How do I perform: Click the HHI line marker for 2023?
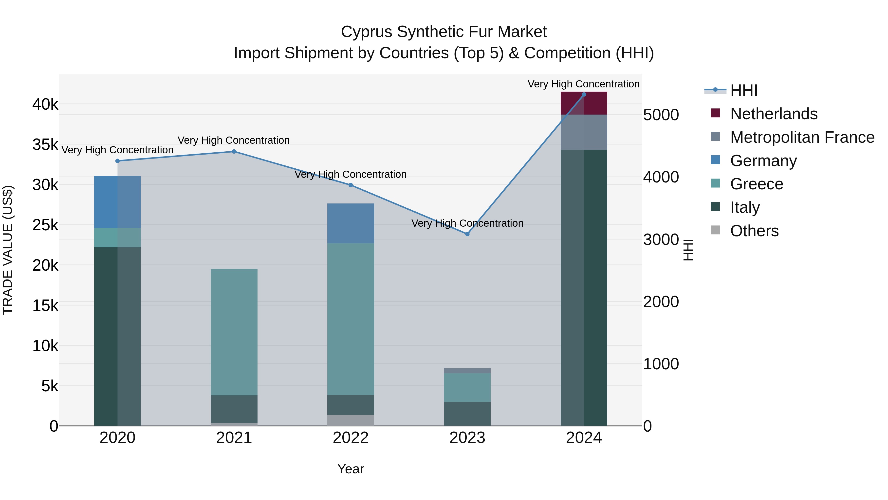[x=467, y=234]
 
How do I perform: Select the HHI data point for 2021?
[x=234, y=152]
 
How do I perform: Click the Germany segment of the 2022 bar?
[x=351, y=223]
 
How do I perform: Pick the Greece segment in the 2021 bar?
[x=234, y=332]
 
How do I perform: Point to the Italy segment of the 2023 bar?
[x=467, y=414]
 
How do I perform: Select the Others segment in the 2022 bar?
[x=351, y=420]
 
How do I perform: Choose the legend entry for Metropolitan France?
[x=802, y=137]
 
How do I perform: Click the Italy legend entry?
[x=745, y=207]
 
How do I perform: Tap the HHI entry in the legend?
[x=743, y=90]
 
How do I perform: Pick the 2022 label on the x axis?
[x=351, y=438]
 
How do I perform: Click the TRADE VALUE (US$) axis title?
[x=8, y=250]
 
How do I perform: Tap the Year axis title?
[x=351, y=469]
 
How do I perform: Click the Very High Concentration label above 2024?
[x=583, y=84]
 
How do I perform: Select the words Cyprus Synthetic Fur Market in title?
[x=444, y=32]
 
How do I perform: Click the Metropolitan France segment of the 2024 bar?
[x=584, y=132]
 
